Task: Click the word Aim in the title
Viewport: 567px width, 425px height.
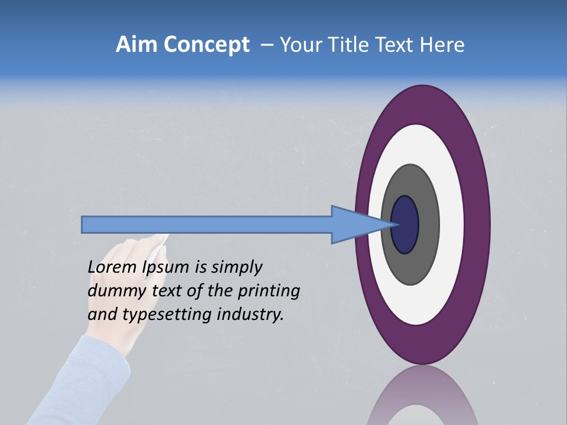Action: click(136, 44)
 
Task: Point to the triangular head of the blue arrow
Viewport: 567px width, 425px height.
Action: click(354, 225)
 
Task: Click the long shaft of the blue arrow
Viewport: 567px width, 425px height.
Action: click(207, 225)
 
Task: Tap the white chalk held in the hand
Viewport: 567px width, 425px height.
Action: click(158, 244)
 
